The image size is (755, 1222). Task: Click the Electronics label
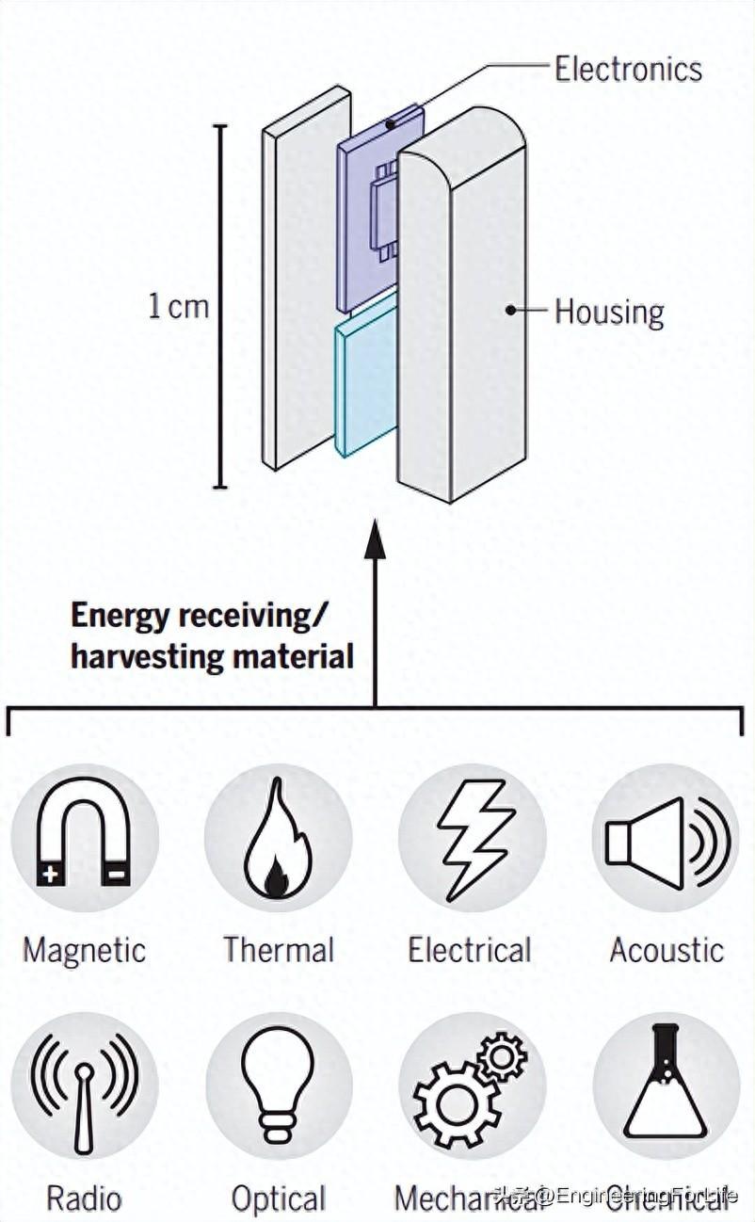click(x=627, y=69)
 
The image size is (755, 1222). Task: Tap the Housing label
click(x=608, y=312)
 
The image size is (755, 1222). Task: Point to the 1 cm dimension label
click(x=178, y=307)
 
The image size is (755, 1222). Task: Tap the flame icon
click(x=277, y=838)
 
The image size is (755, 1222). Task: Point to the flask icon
click(x=666, y=1083)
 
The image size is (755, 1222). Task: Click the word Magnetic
click(x=84, y=950)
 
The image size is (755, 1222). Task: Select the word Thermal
click(x=279, y=950)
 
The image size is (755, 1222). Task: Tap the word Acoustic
click(x=667, y=950)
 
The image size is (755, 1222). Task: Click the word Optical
click(x=279, y=1199)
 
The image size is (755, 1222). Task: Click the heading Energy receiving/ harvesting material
click(x=212, y=636)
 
